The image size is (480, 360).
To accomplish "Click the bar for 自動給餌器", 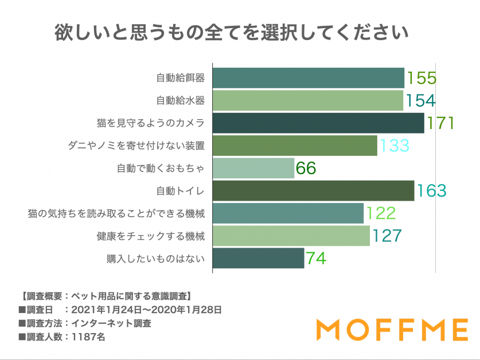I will (x=309, y=78).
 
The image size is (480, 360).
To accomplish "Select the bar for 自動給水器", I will (x=308, y=100).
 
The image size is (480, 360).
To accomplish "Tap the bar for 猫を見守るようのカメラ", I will (x=318, y=123).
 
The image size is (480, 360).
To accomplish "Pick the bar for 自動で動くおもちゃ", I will (x=253, y=168).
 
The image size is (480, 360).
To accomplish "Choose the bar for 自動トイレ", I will (x=313, y=190).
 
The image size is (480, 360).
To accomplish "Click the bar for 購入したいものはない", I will (x=258, y=258).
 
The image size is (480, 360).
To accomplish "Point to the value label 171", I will (x=440, y=123).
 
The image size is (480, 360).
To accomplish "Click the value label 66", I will (x=306, y=168).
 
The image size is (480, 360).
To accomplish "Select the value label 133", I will (x=393, y=146).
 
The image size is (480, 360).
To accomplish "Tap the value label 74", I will (x=316, y=259).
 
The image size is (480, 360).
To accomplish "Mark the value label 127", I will (x=386, y=236).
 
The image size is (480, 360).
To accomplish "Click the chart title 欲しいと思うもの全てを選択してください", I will (x=232, y=33).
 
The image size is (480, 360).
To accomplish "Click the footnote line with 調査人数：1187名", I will (x=62, y=336).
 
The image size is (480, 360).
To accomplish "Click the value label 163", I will (x=431, y=190).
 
